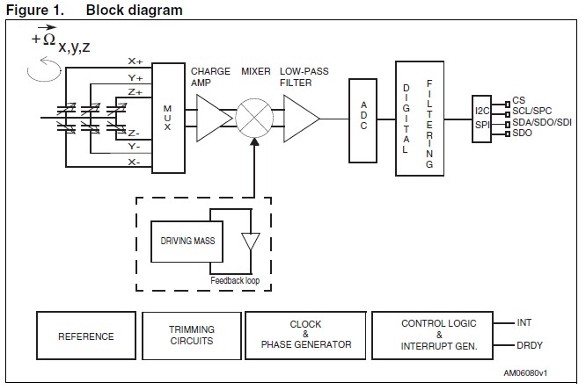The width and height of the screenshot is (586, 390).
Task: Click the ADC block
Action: coord(363,119)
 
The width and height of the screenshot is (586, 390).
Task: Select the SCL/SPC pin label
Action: coord(533,112)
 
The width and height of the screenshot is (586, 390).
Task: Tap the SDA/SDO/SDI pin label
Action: coord(541,122)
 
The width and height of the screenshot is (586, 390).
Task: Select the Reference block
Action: coord(85,336)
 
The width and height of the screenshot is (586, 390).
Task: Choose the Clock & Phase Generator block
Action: coord(305,335)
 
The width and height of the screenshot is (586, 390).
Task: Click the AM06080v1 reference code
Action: coord(543,373)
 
